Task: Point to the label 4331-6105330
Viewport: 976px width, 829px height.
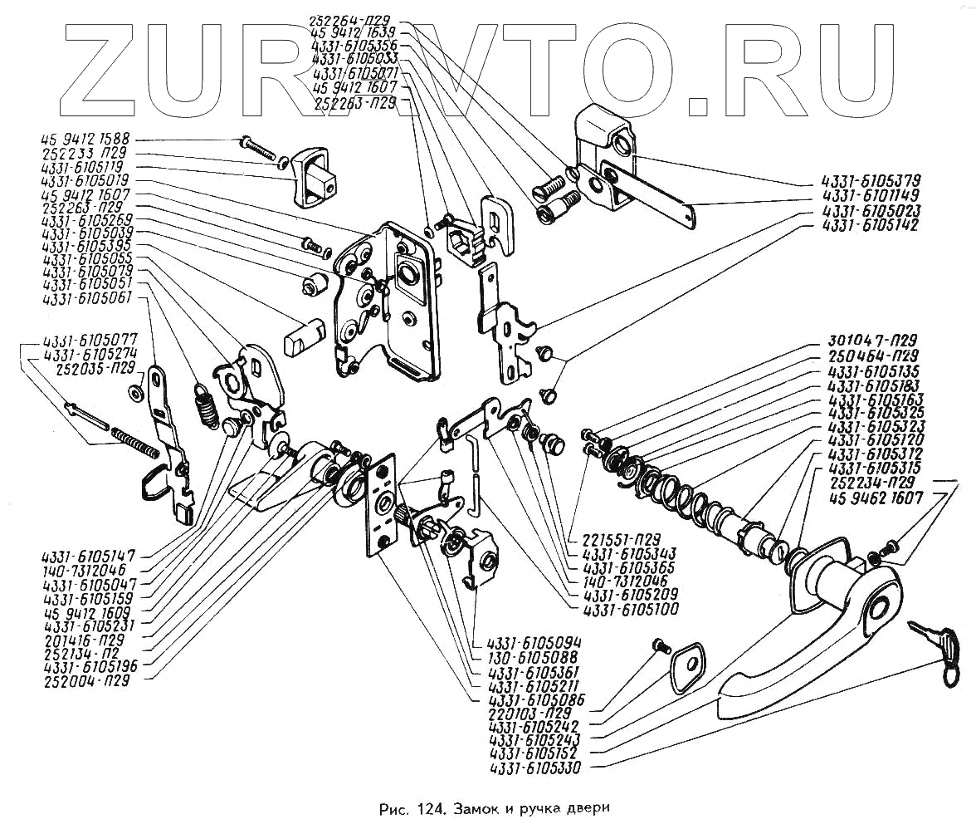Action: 535,768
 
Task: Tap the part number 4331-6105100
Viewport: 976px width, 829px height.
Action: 631,610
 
